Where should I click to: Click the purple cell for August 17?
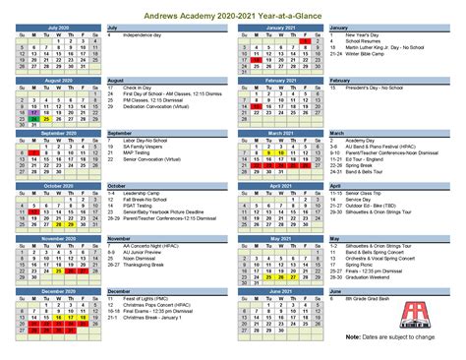pyautogui.click(x=34, y=113)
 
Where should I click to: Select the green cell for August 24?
pyautogui.click(x=34, y=120)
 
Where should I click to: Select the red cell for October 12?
pyautogui.click(x=34, y=211)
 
